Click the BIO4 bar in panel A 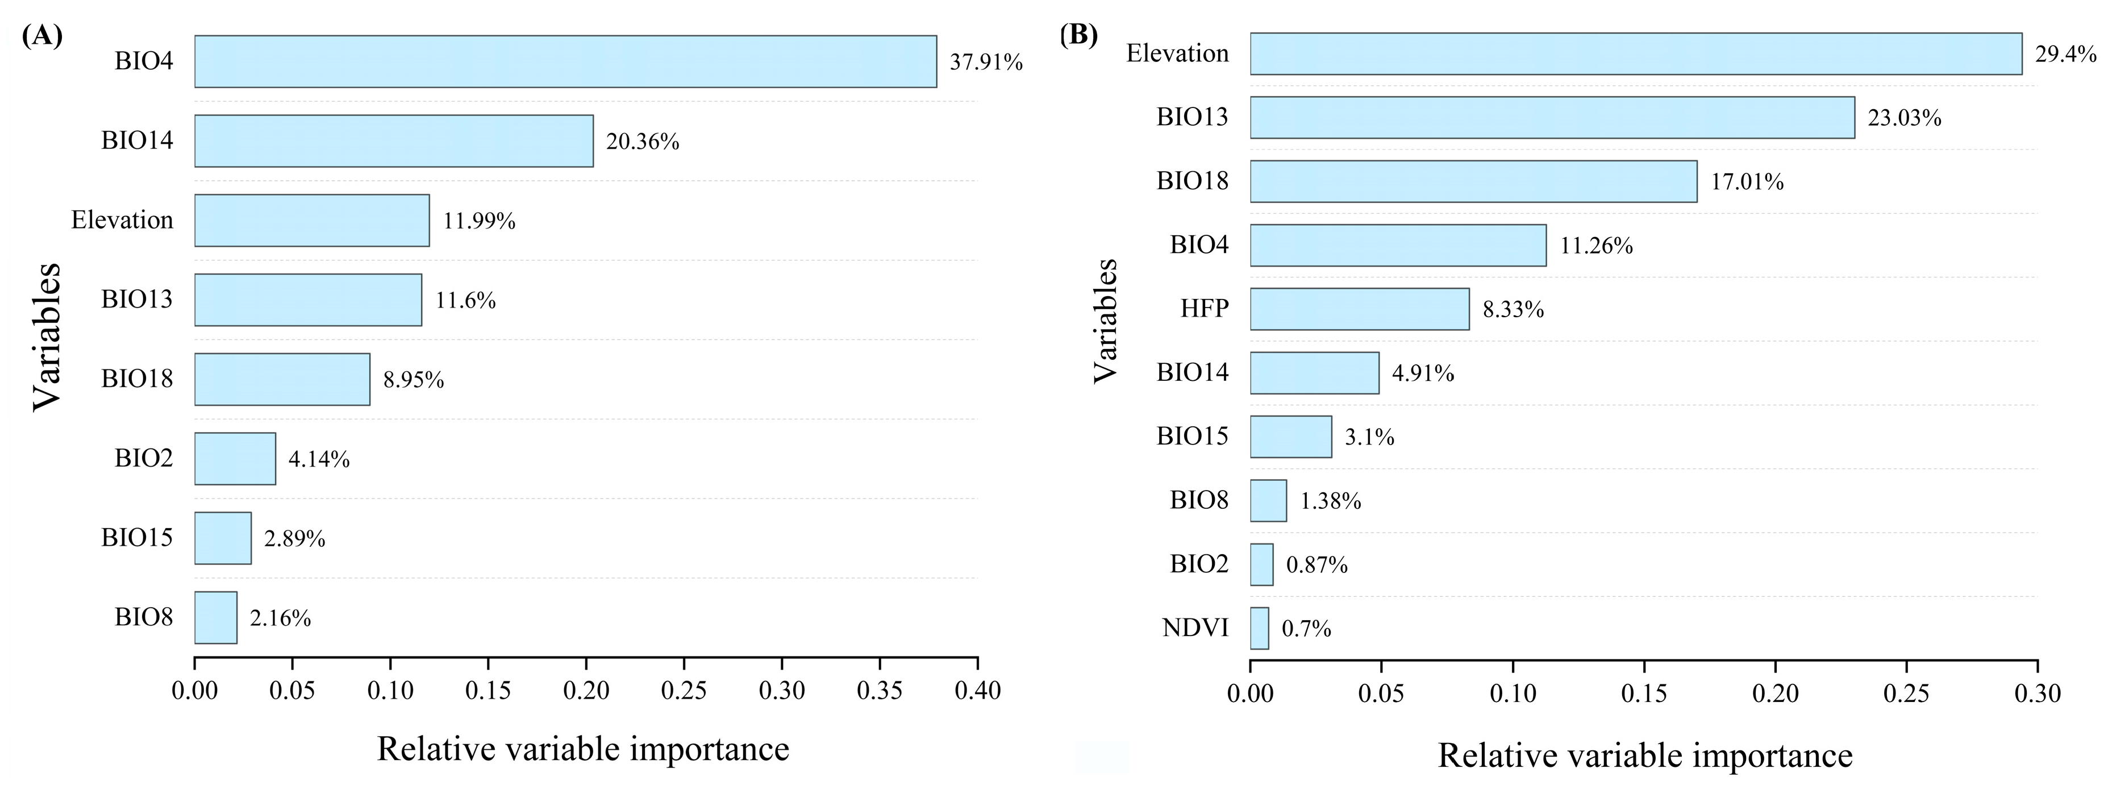click(x=565, y=61)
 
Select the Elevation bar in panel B click(x=1636, y=54)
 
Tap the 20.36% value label click(x=643, y=142)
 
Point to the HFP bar click(x=1359, y=309)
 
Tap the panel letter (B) click(x=1078, y=34)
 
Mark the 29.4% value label click(x=2065, y=54)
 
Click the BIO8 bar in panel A click(x=216, y=617)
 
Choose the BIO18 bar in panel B click(x=1474, y=181)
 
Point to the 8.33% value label click(x=1513, y=309)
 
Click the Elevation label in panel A click(x=122, y=219)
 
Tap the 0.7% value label click(x=1306, y=629)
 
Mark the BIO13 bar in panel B click(x=1552, y=117)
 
